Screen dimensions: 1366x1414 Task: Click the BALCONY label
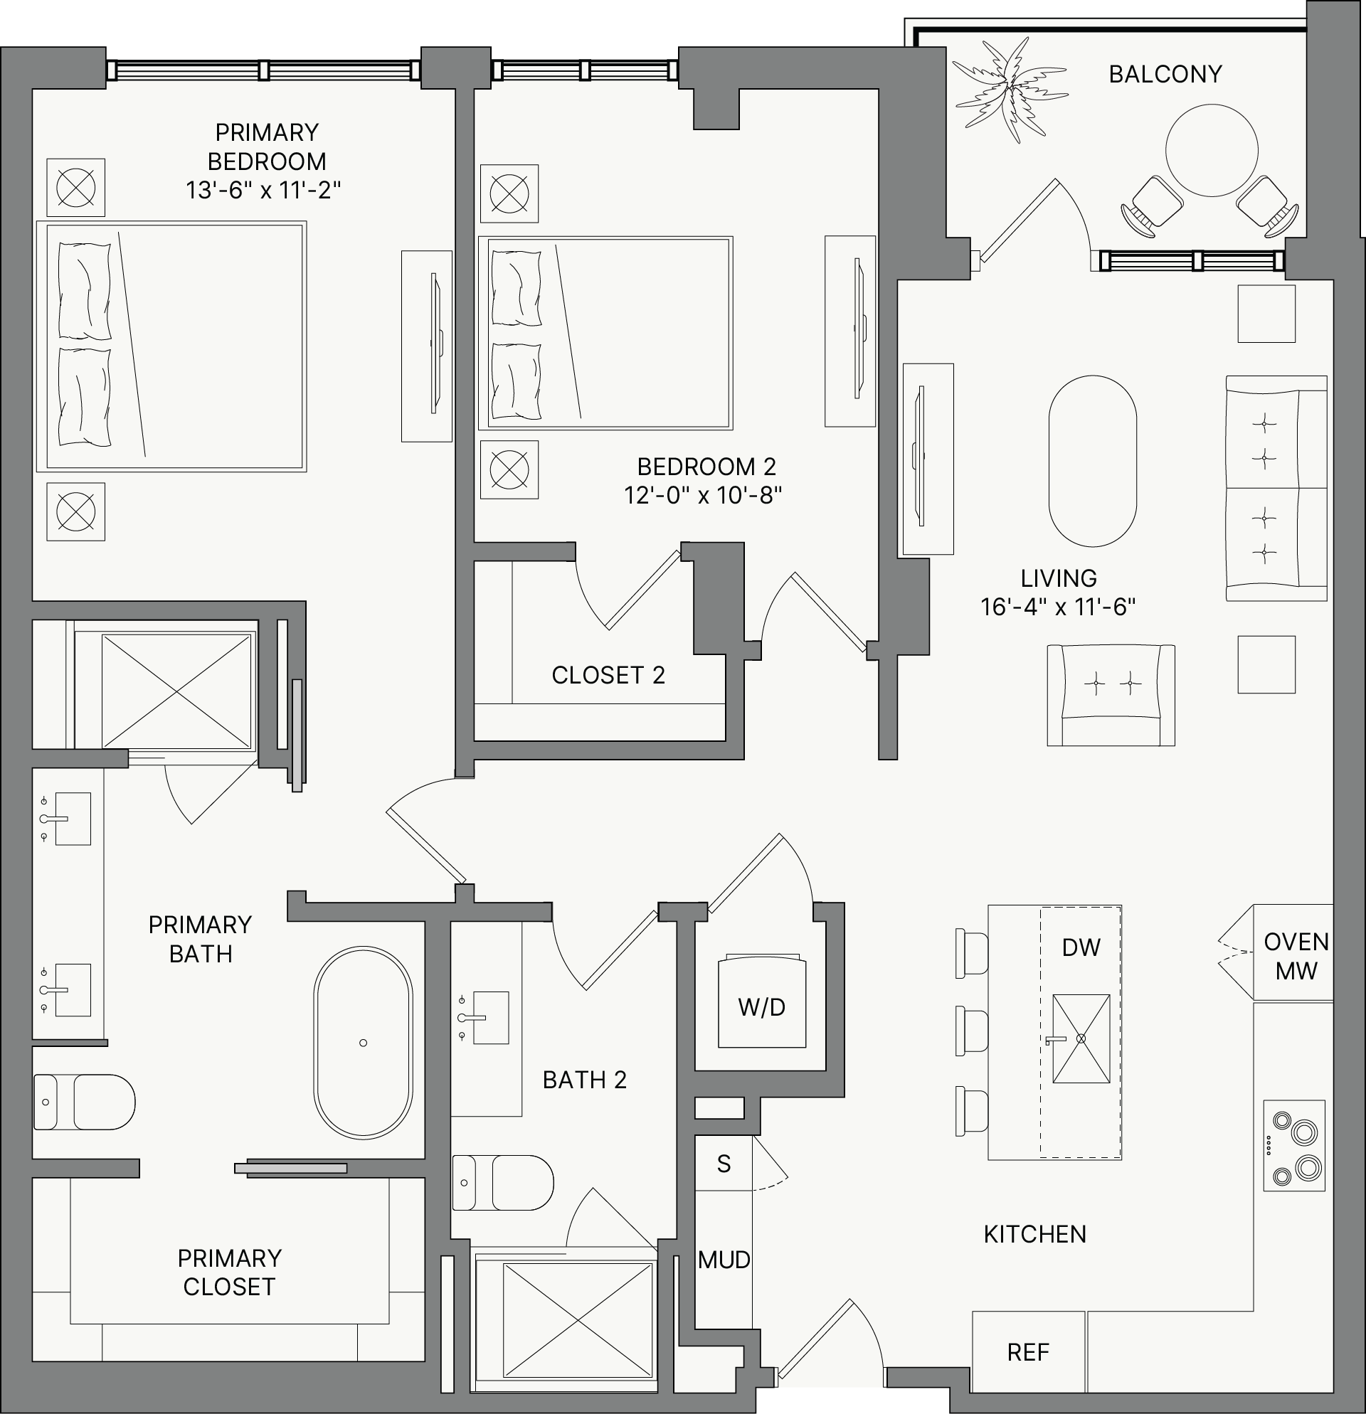pos(1165,74)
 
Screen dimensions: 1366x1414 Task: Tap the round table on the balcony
pos(1212,150)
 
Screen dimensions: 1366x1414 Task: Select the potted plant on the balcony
pos(1010,90)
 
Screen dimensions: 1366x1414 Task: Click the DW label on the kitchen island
pos(1081,947)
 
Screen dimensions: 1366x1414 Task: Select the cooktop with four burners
pos(1295,1146)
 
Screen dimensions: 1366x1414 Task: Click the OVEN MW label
pos(1296,956)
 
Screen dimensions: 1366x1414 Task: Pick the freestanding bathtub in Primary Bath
pos(363,1043)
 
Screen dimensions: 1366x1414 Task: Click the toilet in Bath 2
pos(502,1182)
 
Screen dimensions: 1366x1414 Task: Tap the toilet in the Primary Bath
pos(85,1102)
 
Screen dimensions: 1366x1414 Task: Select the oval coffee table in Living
pos(1093,461)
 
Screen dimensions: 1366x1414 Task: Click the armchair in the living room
pos(1111,695)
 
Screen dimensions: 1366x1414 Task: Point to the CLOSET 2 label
pos(608,675)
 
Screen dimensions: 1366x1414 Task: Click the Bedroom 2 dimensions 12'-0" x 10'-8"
pos(704,496)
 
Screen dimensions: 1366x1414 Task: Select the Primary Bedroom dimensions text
pos(263,191)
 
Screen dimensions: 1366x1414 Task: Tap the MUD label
pos(724,1260)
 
